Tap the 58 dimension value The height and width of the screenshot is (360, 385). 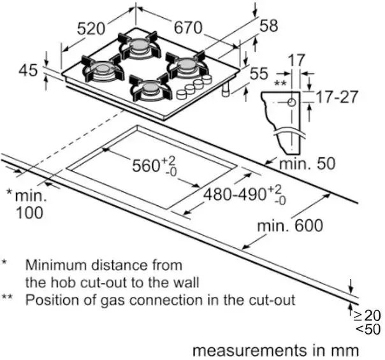click(x=269, y=25)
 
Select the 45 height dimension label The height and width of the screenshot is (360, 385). click(x=28, y=71)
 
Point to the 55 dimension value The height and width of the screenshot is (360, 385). click(x=259, y=75)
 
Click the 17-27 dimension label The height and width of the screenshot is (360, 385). click(x=337, y=97)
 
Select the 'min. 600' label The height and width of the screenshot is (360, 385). click(x=289, y=226)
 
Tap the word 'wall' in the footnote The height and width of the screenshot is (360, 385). click(x=186, y=282)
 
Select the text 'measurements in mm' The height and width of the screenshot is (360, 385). click(x=275, y=350)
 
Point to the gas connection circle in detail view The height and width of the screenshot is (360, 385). click(x=291, y=102)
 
